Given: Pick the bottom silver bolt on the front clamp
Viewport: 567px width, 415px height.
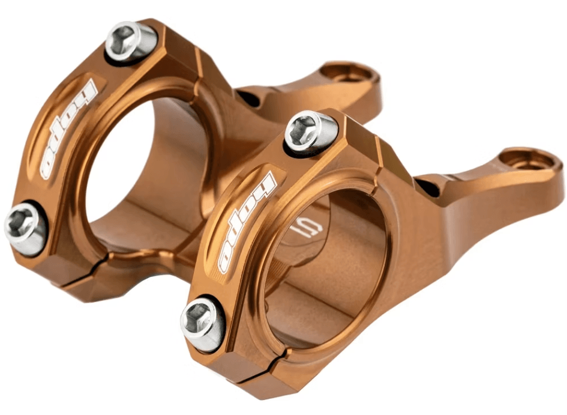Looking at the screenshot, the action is [x=203, y=324].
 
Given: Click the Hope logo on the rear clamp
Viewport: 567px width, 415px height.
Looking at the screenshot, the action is [x=69, y=130].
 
